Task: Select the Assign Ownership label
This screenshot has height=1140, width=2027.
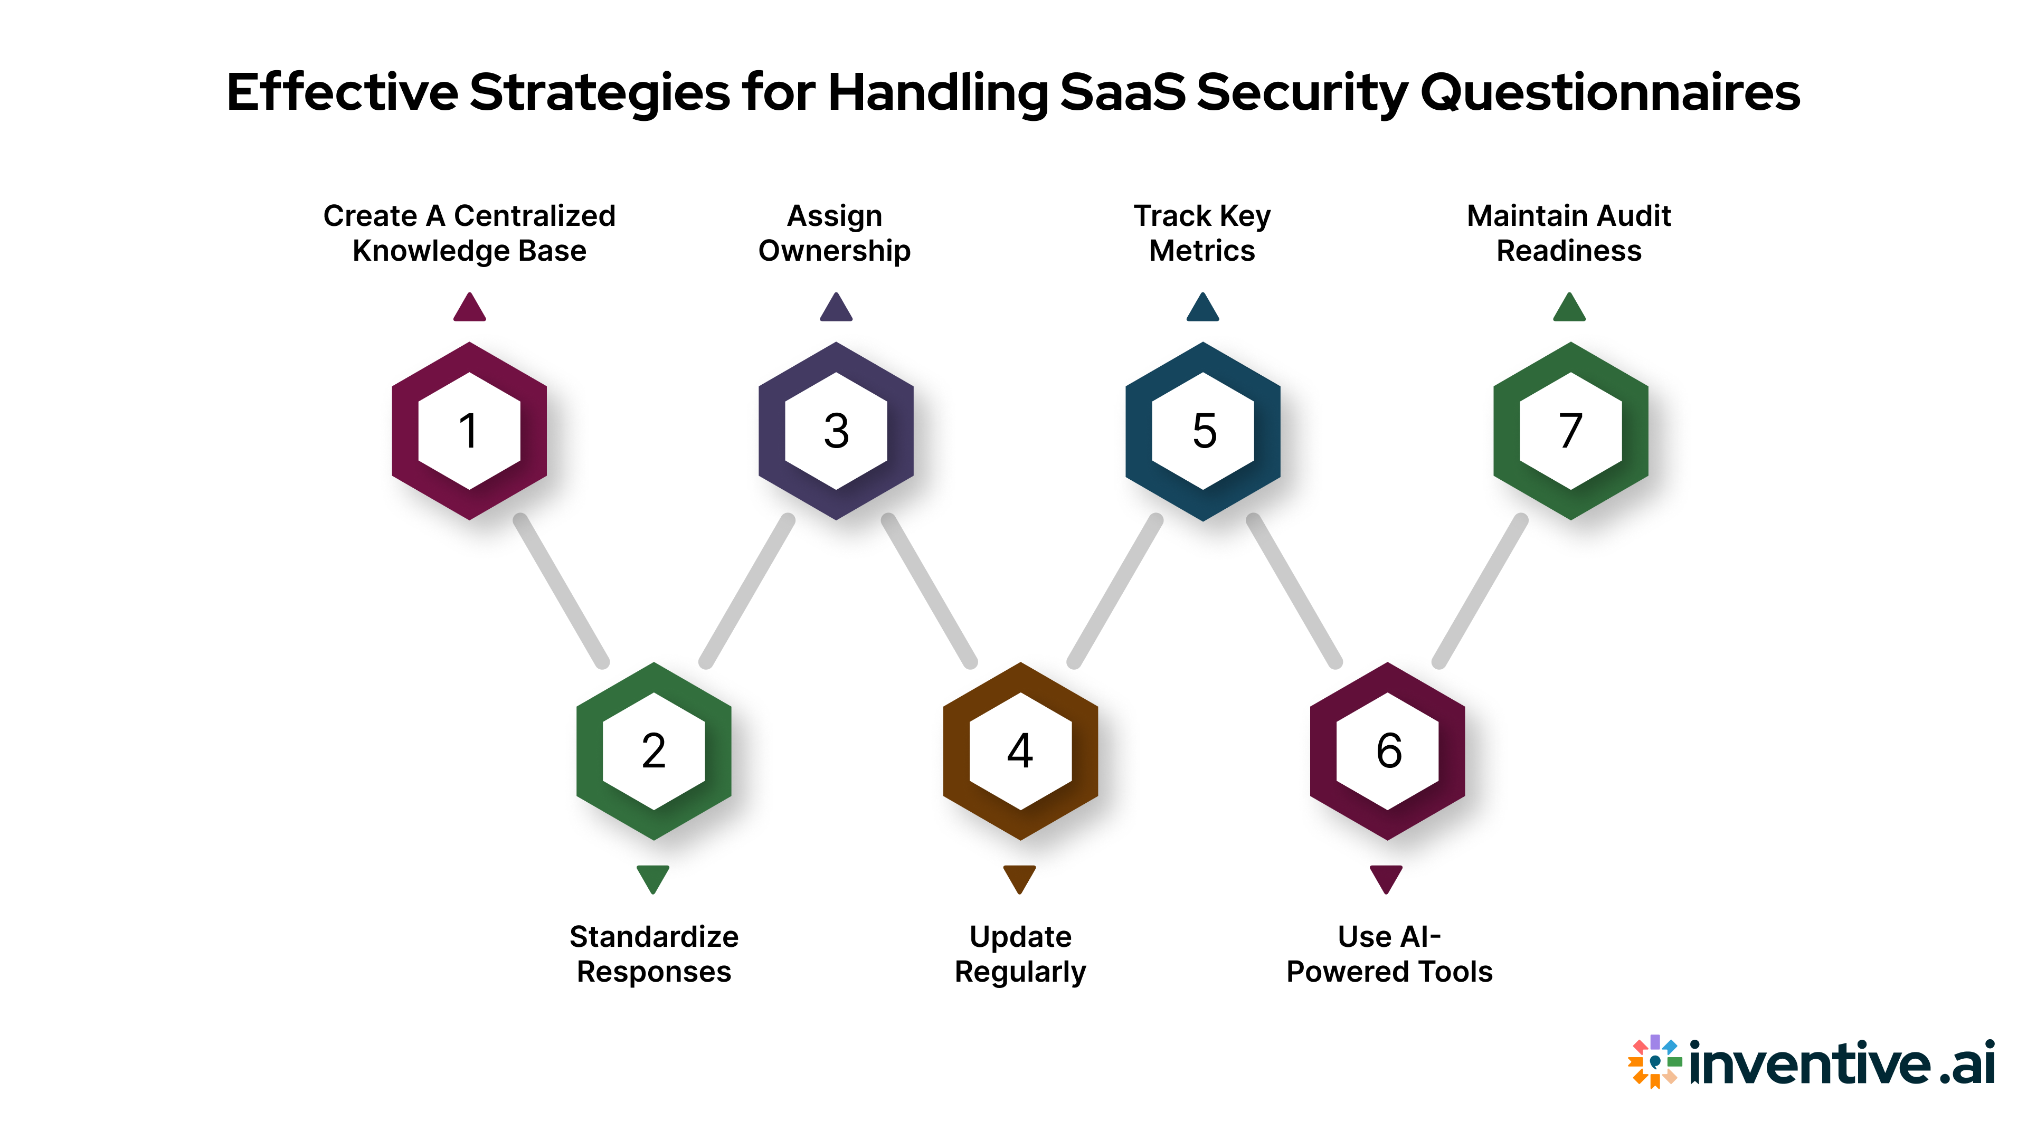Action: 835,233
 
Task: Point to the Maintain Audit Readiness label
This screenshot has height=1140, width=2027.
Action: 1568,233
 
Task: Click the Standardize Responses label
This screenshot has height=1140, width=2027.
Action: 654,954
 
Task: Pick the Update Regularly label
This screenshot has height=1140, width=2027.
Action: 1020,954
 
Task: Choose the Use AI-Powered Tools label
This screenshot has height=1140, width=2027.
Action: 1389,954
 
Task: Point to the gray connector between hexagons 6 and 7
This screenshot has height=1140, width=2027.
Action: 1479,590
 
